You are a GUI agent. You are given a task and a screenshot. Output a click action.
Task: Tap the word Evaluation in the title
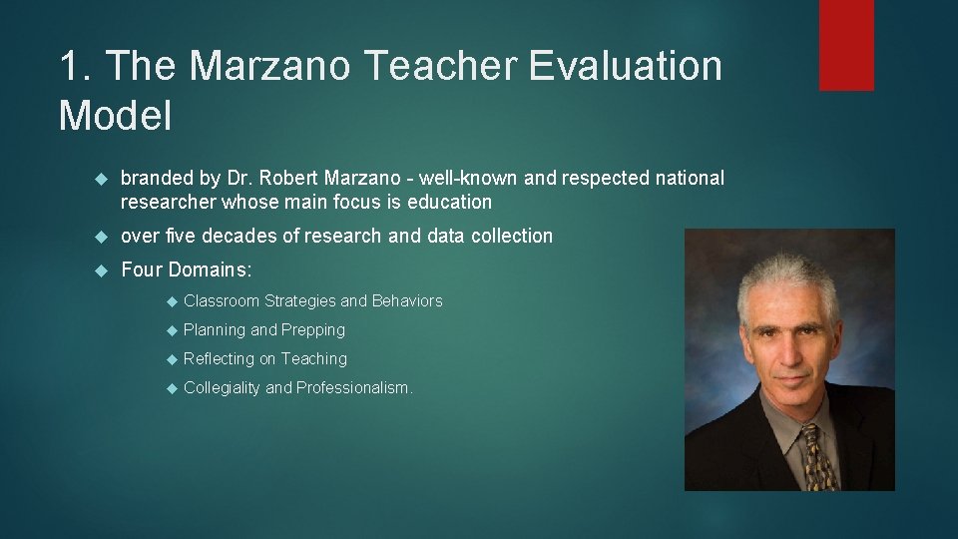pos(626,67)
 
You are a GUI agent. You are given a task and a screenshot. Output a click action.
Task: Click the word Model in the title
pos(115,116)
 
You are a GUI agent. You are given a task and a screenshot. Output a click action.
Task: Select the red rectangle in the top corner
pos(846,45)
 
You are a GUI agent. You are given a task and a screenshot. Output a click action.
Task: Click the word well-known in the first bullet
pos(468,179)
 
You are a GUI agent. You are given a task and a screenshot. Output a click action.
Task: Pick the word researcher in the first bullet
pos(168,203)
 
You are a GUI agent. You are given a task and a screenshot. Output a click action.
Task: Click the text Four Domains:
pos(187,270)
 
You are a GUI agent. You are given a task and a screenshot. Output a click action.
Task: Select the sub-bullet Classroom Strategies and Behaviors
pos(312,301)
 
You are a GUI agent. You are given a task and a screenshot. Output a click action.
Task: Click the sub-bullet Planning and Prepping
pos(264,330)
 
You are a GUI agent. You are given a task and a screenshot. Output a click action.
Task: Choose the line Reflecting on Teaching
pos(265,359)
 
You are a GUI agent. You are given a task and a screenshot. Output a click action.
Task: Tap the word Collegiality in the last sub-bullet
pos(222,388)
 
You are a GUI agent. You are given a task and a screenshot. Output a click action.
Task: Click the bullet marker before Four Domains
pos(100,270)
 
